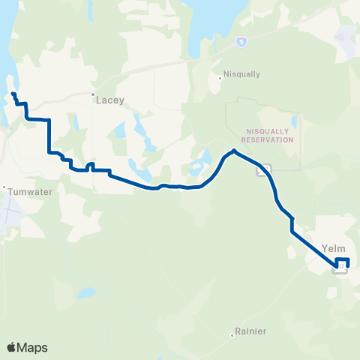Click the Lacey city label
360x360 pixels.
[x=110, y=99]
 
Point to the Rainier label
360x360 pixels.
[x=250, y=331]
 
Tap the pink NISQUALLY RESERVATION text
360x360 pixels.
[x=271, y=134]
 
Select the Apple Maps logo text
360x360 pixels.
[x=27, y=347]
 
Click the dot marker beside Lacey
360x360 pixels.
[x=93, y=94]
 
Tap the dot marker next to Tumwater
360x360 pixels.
[x=4, y=187]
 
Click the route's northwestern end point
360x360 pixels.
[x=13, y=94]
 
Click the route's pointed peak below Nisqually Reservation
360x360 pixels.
[x=235, y=151]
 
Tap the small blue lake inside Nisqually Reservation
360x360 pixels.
[x=294, y=120]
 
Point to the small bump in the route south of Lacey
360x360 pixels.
[x=90, y=165]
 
